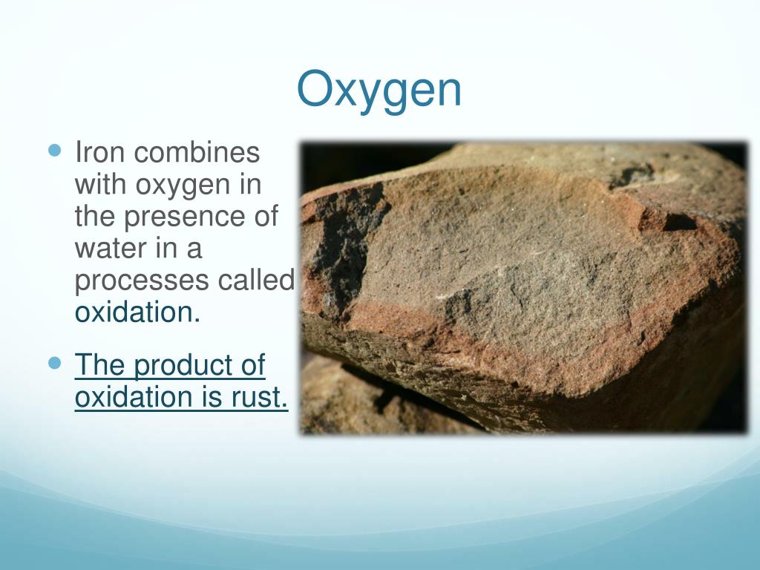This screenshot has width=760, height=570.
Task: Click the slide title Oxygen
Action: [x=379, y=89]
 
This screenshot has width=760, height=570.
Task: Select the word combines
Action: [x=197, y=153]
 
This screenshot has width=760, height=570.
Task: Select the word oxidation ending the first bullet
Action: [x=137, y=312]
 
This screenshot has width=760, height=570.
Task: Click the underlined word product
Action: [x=180, y=366]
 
